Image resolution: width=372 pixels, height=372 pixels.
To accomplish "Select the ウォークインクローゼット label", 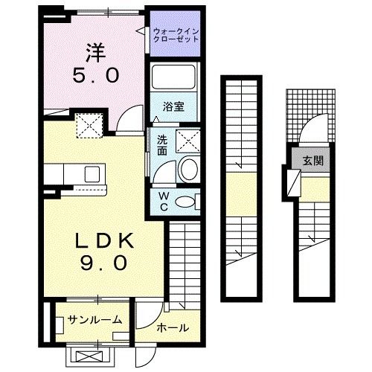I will tap(175, 33).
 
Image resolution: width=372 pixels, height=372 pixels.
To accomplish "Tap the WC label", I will tap(163, 201).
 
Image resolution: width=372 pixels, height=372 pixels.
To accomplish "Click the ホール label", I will tap(172, 328).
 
